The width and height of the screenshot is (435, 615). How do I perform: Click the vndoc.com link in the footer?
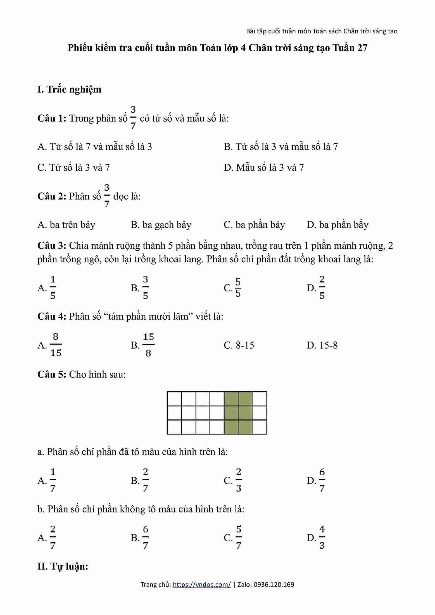pyautogui.click(x=202, y=585)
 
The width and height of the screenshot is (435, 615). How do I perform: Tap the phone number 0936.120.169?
pyautogui.click(x=274, y=585)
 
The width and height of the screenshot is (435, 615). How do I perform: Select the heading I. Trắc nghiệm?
pyautogui.click(x=69, y=89)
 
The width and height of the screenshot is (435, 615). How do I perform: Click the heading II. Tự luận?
pyautogui.click(x=63, y=566)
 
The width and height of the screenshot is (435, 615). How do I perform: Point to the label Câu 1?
pyautogui.click(x=52, y=118)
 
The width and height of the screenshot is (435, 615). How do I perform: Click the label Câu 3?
pyautogui.click(x=52, y=246)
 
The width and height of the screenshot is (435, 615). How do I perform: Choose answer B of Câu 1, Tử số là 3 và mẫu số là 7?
pyautogui.click(x=281, y=147)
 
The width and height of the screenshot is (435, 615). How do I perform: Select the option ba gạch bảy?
pyautogui.click(x=161, y=225)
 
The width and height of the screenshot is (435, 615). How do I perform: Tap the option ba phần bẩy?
pyautogui.click(x=337, y=225)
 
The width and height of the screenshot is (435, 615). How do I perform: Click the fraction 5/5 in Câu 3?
pyautogui.click(x=238, y=287)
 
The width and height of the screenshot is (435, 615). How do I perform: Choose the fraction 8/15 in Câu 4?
pyautogui.click(x=56, y=345)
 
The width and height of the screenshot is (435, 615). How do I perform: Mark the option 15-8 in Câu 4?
pyautogui.click(x=322, y=345)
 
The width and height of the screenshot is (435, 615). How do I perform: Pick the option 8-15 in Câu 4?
pyautogui.click(x=239, y=345)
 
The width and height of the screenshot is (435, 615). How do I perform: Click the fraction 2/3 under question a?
pyautogui.click(x=238, y=480)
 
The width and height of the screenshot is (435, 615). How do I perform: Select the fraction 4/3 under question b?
pyautogui.click(x=322, y=538)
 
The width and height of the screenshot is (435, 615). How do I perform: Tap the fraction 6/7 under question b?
pyautogui.click(x=145, y=538)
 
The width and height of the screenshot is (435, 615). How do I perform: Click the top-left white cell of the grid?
pyautogui.click(x=174, y=398)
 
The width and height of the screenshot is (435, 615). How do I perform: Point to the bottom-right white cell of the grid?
pyautogui.click(x=259, y=427)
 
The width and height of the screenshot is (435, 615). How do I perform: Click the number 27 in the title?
pyautogui.click(x=362, y=48)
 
